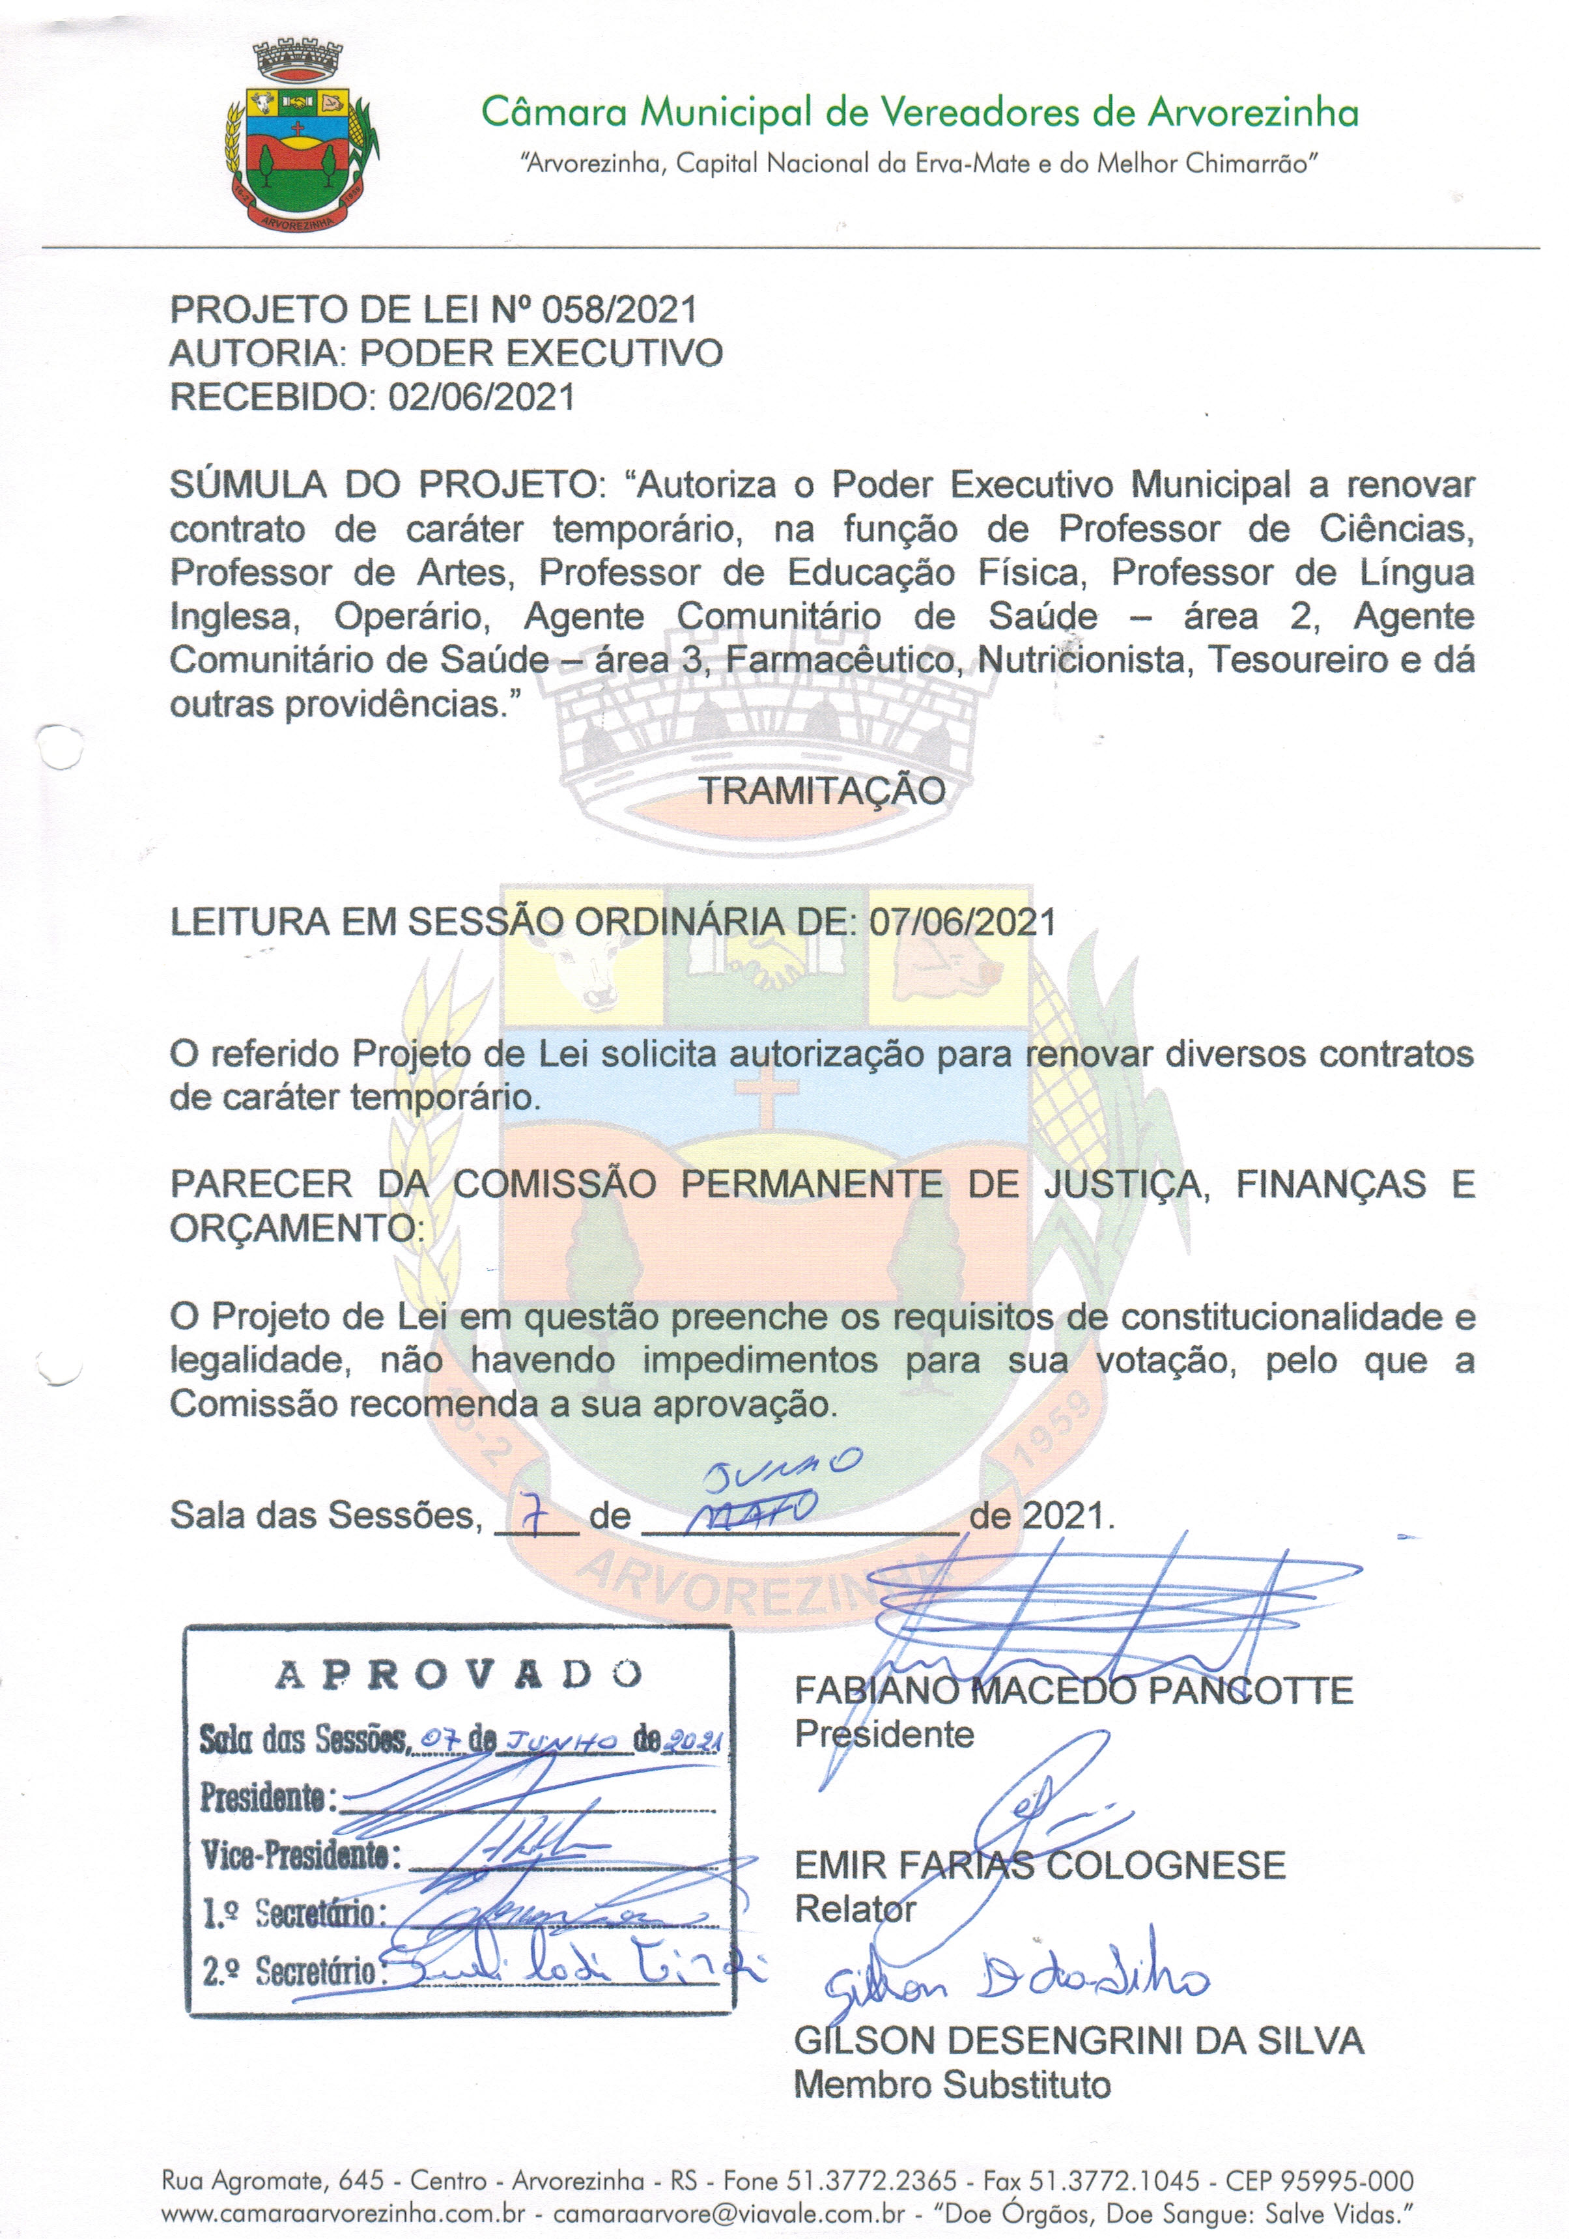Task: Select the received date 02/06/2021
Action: [x=482, y=397]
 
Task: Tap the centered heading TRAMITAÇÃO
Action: [x=822, y=790]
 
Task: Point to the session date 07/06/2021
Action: [x=963, y=922]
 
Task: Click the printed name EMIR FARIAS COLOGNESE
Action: [x=1039, y=1866]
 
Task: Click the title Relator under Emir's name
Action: [x=855, y=1909]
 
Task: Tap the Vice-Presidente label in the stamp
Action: [x=300, y=1854]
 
